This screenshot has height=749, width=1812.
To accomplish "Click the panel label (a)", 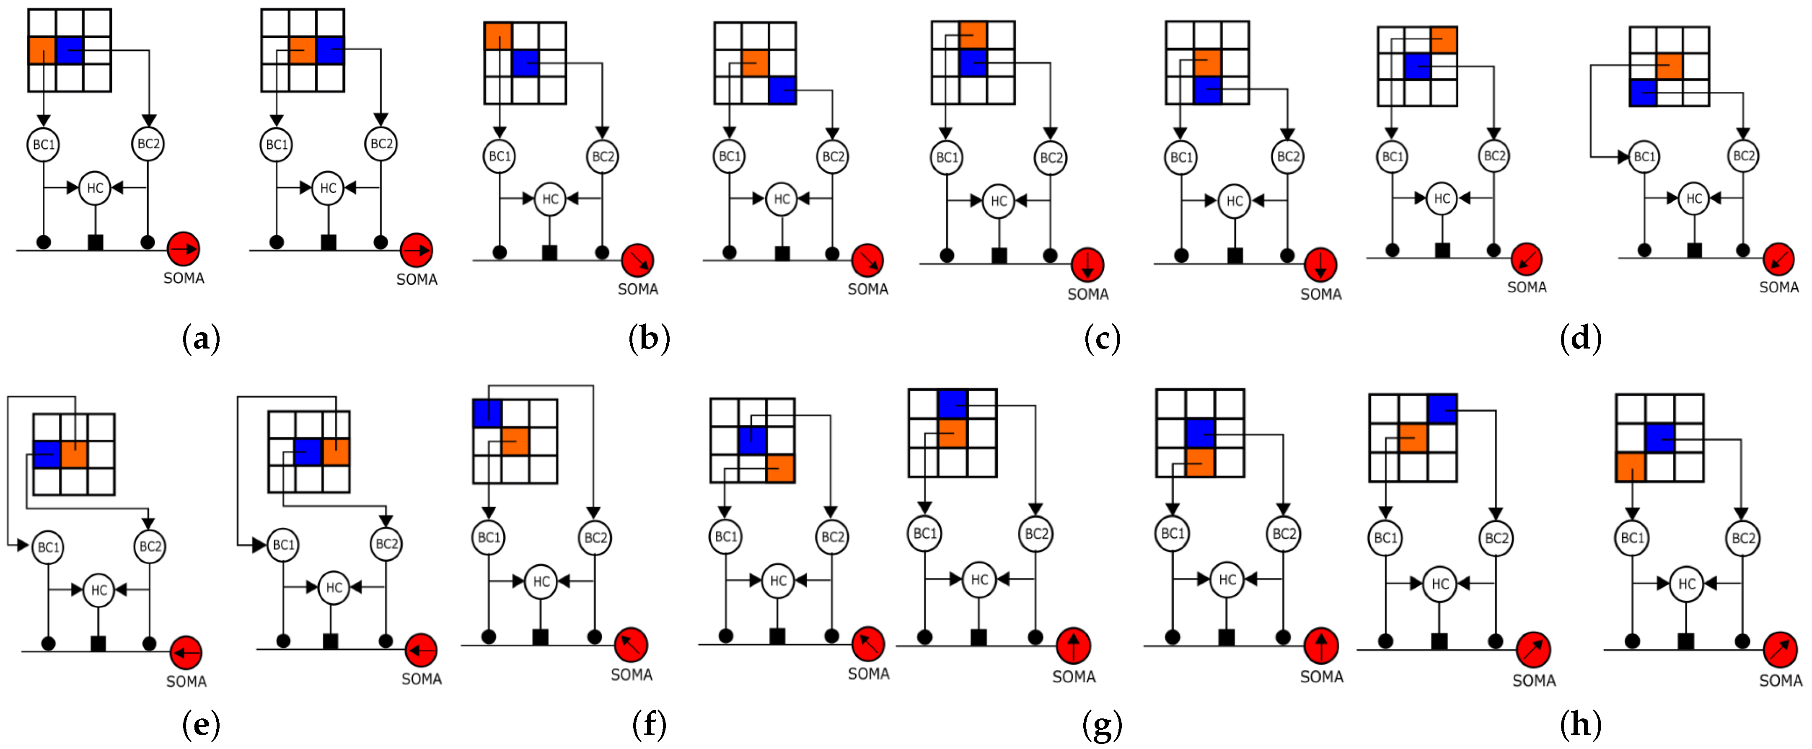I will [x=201, y=339].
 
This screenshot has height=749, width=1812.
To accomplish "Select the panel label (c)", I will [x=1102, y=339].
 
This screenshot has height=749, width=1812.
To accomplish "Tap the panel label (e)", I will [x=201, y=724].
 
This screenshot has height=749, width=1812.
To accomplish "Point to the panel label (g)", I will [x=1102, y=724].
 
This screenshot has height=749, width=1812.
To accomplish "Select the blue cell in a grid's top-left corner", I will [x=487, y=413].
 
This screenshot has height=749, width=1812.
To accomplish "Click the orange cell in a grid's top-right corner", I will [x=1443, y=40].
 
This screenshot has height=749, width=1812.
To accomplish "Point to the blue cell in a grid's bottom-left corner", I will [x=1643, y=93].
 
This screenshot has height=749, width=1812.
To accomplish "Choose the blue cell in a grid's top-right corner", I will [x=1442, y=408].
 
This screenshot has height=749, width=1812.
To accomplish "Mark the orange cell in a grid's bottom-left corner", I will [x=1630, y=467].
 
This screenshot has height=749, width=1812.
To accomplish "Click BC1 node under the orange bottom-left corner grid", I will [x=1632, y=538].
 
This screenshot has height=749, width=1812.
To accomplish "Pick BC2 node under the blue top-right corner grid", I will [x=1496, y=538].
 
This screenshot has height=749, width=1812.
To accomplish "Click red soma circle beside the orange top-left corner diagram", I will [x=637, y=260].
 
